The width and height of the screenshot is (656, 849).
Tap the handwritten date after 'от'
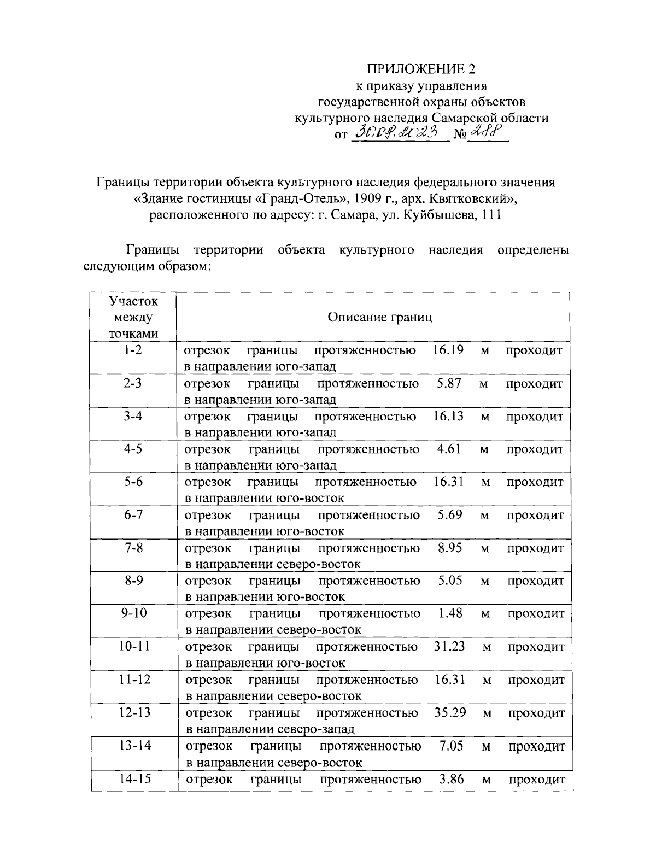(x=398, y=132)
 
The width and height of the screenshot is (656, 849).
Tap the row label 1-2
(x=133, y=350)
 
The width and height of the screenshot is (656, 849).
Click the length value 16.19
(x=448, y=350)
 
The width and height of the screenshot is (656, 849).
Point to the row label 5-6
(x=133, y=482)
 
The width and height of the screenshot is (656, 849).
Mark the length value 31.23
(x=449, y=646)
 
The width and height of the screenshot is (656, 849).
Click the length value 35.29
(x=450, y=712)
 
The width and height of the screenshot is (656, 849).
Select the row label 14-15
(x=134, y=778)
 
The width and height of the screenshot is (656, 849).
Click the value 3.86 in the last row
(x=452, y=778)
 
